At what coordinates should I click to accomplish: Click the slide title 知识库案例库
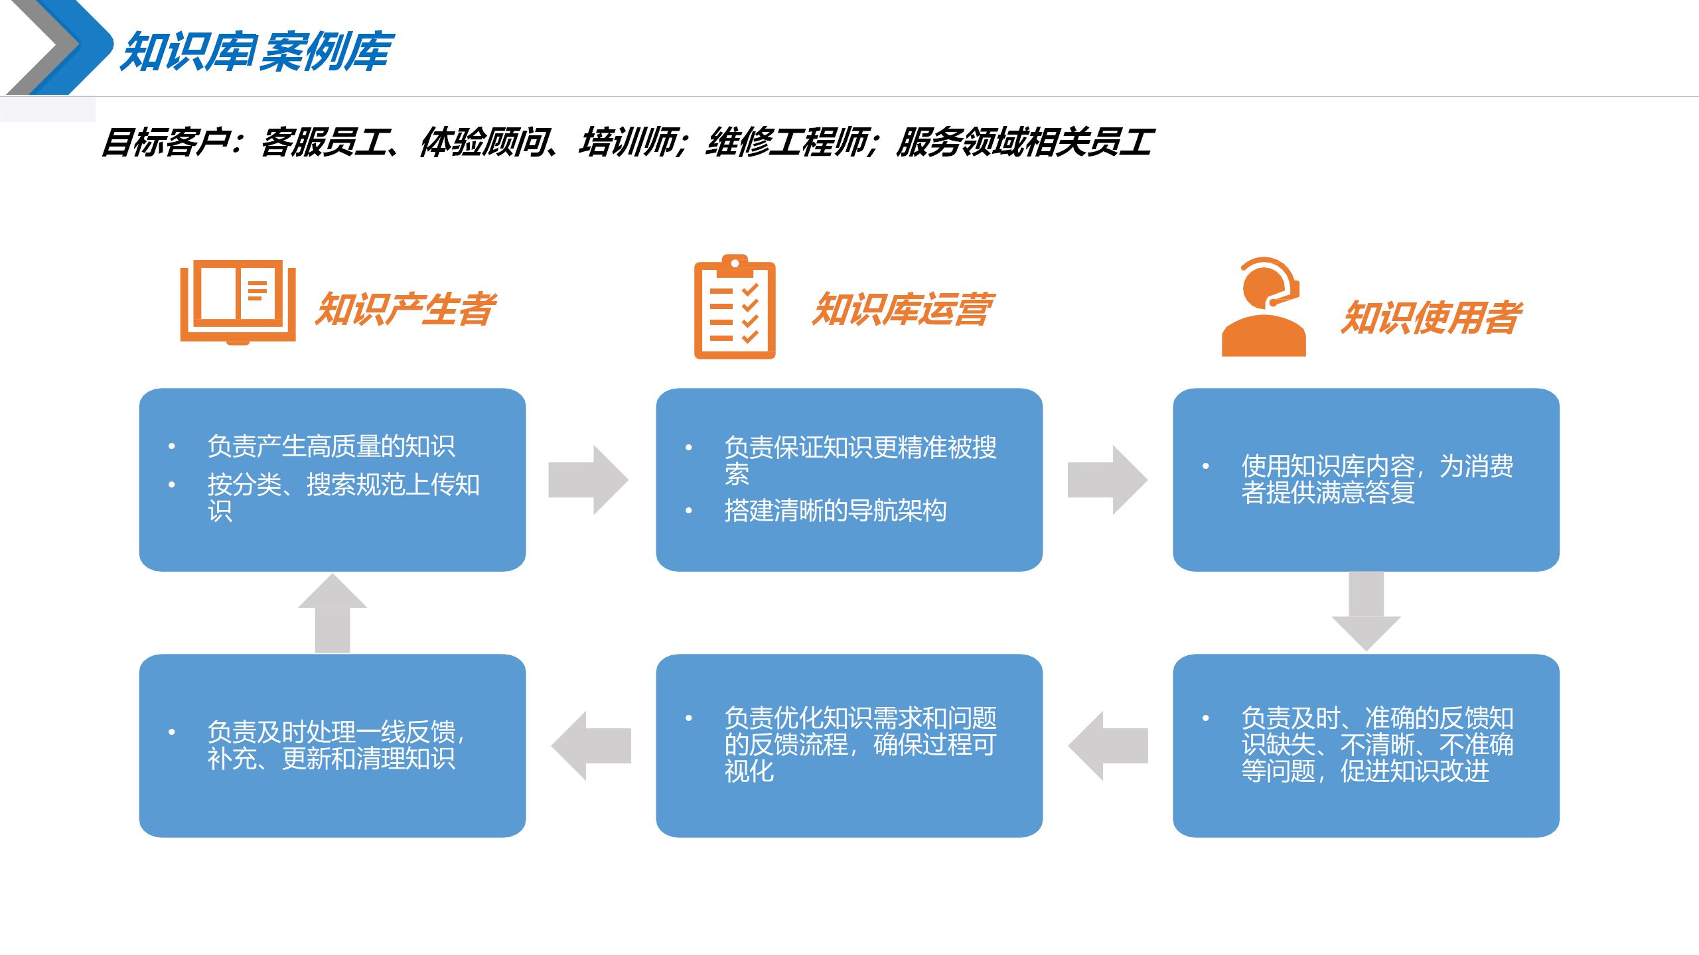coord(258,52)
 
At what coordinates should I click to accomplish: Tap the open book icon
coord(238,302)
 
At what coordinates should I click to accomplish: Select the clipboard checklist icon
coord(735,307)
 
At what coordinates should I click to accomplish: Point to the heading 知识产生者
coord(405,310)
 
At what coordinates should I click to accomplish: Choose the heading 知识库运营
coord(903,310)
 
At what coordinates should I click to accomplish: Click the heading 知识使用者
coord(1431,318)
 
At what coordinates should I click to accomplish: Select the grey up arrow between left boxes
coord(332,613)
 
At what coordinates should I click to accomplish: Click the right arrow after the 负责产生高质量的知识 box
coord(588,479)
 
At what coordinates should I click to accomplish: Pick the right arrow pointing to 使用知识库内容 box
coord(1107,479)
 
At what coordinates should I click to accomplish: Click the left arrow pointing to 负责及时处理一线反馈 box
coord(591,745)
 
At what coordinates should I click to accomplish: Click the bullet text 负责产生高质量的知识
coord(331,446)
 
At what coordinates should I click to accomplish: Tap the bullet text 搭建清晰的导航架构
coord(835,511)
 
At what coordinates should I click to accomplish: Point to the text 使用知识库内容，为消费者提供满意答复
coord(1376,479)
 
